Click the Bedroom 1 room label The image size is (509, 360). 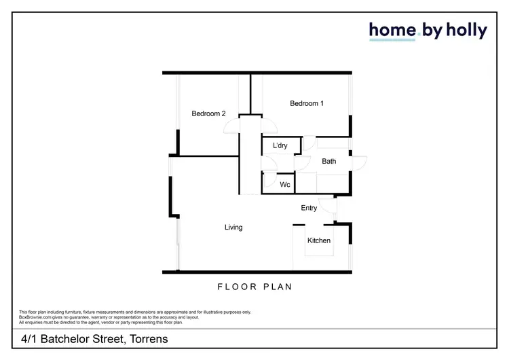pyautogui.click(x=307, y=103)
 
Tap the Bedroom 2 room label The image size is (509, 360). pyautogui.click(x=208, y=114)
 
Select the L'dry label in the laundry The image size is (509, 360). pyautogui.click(x=280, y=146)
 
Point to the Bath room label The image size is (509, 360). pyautogui.click(x=328, y=162)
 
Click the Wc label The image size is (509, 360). pyautogui.click(x=285, y=185)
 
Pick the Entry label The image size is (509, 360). pyautogui.click(x=309, y=208)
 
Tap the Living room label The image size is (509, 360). pyautogui.click(x=233, y=228)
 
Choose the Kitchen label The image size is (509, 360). pyautogui.click(x=319, y=240)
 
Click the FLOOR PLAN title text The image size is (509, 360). pyautogui.click(x=254, y=287)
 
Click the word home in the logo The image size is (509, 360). pyautogui.click(x=391, y=31)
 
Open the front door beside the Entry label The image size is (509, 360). pyautogui.click(x=329, y=205)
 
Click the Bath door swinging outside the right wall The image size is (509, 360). pyautogui.click(x=359, y=163)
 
